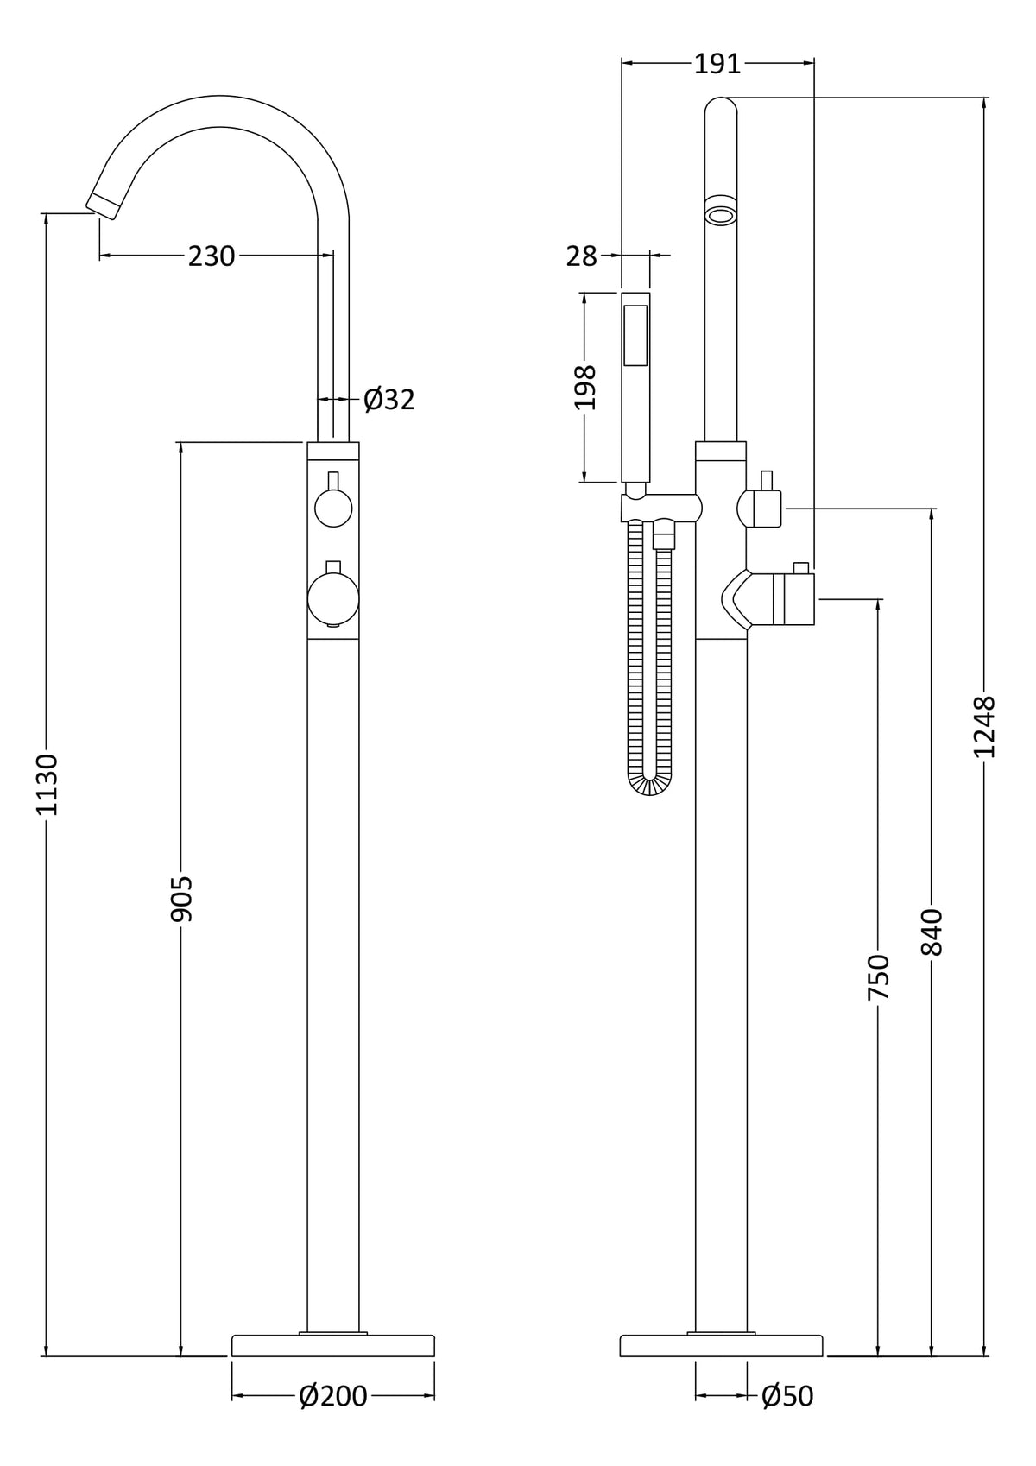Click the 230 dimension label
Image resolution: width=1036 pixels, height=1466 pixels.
tap(212, 256)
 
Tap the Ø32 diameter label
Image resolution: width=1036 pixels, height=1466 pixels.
tap(389, 400)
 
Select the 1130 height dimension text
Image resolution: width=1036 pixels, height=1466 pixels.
tap(46, 783)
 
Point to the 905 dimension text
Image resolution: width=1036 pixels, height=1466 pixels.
tap(181, 898)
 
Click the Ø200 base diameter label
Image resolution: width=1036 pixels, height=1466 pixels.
tap(333, 1395)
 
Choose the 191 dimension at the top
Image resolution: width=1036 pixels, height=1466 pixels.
tap(717, 64)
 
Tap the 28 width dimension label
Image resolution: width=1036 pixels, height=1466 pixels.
tap(582, 256)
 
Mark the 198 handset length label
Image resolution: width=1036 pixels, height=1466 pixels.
tap(585, 388)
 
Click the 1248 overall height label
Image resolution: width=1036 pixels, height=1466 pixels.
tap(985, 727)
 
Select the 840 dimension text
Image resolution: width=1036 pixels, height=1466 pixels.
tap(932, 932)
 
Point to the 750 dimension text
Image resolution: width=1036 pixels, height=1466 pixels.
tap(878, 977)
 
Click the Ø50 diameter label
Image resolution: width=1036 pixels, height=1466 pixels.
tap(787, 1395)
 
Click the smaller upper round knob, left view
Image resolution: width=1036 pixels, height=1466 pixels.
tap(332, 507)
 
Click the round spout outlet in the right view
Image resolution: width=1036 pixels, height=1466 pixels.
tap(721, 212)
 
